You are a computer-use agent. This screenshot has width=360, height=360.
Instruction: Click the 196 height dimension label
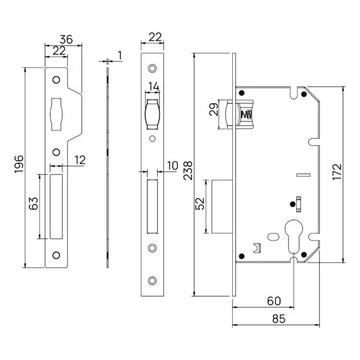pyautogui.click(x=19, y=164)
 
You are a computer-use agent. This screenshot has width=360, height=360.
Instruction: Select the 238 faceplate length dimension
pyautogui.click(x=188, y=170)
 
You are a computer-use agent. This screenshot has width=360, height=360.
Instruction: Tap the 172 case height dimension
pyautogui.click(x=337, y=172)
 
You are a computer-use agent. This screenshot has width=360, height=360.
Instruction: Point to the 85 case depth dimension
pyautogui.click(x=279, y=319)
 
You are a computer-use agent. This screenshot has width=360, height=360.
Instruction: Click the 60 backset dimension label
pyautogui.click(x=274, y=301)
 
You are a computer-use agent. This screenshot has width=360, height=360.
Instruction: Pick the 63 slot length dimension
pyautogui.click(x=34, y=203)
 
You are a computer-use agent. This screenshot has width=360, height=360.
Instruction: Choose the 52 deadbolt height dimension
pyautogui.click(x=200, y=203)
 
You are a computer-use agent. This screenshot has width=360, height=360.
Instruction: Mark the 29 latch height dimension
pyautogui.click(x=214, y=109)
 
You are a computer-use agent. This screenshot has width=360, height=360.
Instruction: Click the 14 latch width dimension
pyautogui.click(x=154, y=86)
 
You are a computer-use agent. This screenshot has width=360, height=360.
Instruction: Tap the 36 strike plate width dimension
pyautogui.click(x=66, y=40)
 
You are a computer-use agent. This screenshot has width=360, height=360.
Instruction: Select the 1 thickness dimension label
pyautogui.click(x=119, y=56)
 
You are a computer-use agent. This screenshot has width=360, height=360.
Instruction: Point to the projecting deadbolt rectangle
pyautogui.click(x=222, y=206)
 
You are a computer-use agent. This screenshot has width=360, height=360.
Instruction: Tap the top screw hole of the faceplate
pyautogui.click(x=152, y=68)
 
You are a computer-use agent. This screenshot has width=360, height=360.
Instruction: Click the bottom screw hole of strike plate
pyautogui.click(x=56, y=255)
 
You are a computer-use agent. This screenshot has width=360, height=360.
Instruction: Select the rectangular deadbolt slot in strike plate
pyautogui.click(x=56, y=206)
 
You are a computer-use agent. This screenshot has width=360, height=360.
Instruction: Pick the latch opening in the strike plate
pyautogui.click(x=56, y=115)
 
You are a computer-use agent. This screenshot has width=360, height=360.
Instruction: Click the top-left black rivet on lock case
pyautogui.click(x=242, y=93)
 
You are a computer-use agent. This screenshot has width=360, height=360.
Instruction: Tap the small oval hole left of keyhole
pyautogui.click(x=273, y=236)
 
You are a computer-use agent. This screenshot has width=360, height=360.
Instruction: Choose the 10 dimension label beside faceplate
pyautogui.click(x=173, y=166)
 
